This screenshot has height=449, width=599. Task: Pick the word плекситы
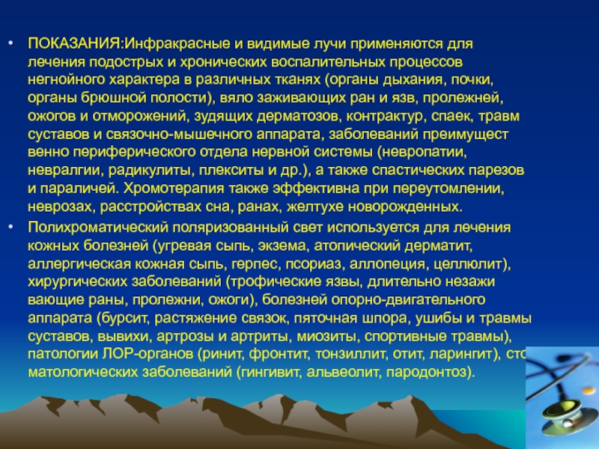(222, 171)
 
